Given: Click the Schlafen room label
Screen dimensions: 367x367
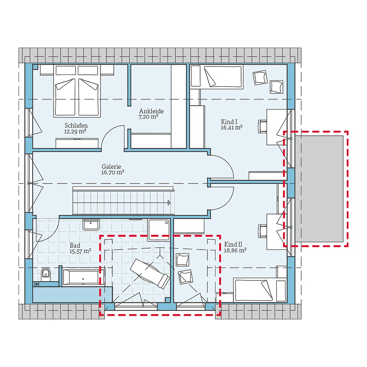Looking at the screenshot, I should [76, 125].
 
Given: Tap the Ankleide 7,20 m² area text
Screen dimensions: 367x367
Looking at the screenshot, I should [149, 117].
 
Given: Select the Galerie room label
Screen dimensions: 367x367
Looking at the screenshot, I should [112, 166].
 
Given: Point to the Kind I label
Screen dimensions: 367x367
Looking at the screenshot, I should [229, 121].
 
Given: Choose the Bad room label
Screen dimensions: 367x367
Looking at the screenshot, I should [75, 246].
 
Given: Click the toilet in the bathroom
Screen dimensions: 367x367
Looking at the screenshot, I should [46, 273].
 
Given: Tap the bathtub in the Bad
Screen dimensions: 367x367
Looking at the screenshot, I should [83, 277].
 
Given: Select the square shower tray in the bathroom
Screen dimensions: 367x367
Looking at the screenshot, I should [159, 230].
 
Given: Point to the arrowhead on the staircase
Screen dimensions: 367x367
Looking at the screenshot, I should [169, 202].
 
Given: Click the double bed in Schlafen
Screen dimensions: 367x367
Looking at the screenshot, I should [77, 92].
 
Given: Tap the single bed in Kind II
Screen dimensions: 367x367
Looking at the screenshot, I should [260, 290].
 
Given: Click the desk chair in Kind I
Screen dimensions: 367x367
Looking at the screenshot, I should [262, 126].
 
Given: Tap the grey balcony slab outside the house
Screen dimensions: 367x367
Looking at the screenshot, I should [319, 189].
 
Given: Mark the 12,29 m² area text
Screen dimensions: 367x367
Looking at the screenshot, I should [75, 131].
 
